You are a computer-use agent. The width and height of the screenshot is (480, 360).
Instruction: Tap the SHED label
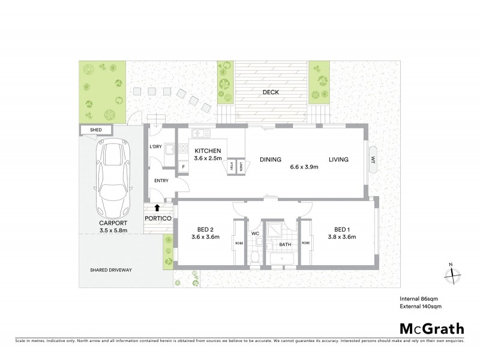coord(95,130)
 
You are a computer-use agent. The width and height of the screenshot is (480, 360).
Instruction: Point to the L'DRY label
coord(156,147)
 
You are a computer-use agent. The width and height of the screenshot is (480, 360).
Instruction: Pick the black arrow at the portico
coord(157,208)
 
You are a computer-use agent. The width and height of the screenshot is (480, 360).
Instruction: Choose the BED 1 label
coord(342,229)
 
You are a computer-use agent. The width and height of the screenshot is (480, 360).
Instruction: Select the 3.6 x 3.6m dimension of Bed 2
coord(205,236)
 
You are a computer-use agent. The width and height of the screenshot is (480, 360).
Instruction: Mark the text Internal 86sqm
coord(418,298)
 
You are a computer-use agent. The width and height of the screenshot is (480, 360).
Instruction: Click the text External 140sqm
coord(419,306)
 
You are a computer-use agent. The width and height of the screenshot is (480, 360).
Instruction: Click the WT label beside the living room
coord(373,160)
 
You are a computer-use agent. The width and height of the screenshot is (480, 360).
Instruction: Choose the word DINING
coord(271,160)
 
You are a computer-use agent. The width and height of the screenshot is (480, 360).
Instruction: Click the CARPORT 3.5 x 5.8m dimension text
coord(113,229)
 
